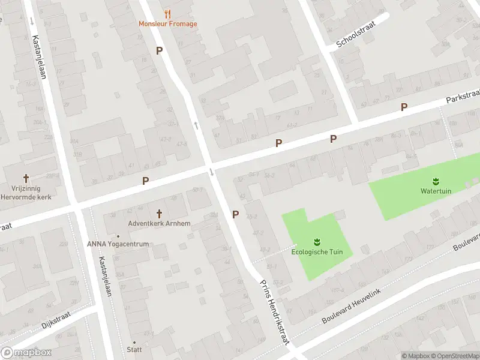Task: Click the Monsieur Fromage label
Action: pyautogui.click(x=167, y=24)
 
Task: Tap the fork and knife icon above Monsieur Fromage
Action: pyautogui.click(x=167, y=13)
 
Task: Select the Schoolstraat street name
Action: pyautogui.click(x=355, y=37)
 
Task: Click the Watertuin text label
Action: pyautogui.click(x=436, y=191)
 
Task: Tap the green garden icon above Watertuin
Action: pyautogui.click(x=436, y=181)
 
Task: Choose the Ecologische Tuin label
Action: pyautogui.click(x=317, y=252)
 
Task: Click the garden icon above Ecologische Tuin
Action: pyautogui.click(x=317, y=242)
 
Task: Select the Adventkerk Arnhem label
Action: pyautogui.click(x=159, y=224)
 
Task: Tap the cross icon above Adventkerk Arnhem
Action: pyautogui.click(x=159, y=214)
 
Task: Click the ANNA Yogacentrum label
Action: pyautogui.click(x=118, y=244)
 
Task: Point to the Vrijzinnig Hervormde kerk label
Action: pyautogui.click(x=27, y=193)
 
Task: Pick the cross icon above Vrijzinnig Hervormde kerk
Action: pyautogui.click(x=26, y=178)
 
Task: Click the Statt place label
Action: pyautogui.click(x=134, y=349)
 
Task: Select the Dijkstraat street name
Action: pyautogui.click(x=56, y=319)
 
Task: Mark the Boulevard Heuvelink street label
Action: pyautogui.click(x=352, y=304)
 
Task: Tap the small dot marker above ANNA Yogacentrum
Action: pyautogui.click(x=118, y=236)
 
